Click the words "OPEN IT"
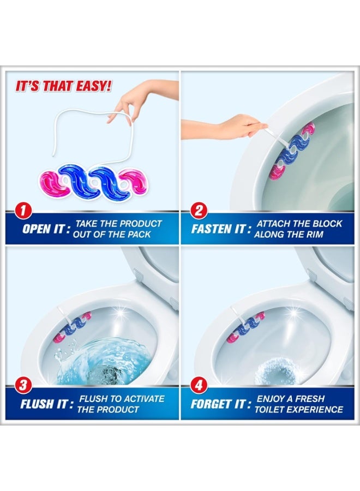[x=43, y=229]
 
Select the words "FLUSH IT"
[x=43, y=405]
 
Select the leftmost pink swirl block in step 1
[x=50, y=182]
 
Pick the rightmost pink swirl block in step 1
[x=134, y=182]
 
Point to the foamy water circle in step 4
[x=274, y=371]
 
